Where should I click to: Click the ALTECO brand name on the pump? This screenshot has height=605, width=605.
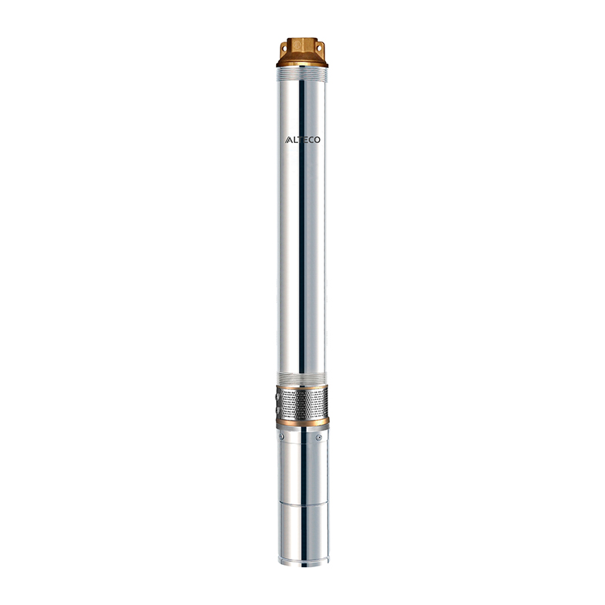pos(302,139)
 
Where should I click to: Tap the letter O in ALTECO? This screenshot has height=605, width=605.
pos(317,139)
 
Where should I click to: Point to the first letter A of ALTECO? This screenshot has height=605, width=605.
pos(287,139)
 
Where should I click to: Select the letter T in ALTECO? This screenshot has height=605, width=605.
pos(299,139)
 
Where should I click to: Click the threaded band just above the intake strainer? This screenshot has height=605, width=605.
pos(302,380)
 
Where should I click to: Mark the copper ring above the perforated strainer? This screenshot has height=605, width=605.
pos(302,388)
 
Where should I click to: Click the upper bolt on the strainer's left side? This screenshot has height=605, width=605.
pos(278,396)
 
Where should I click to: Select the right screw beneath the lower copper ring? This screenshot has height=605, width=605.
pos(319,437)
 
